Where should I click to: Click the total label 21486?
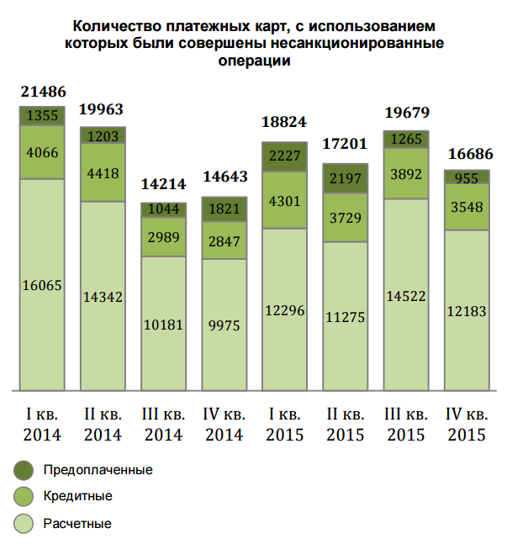coord(42,92)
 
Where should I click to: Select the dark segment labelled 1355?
coord(42,115)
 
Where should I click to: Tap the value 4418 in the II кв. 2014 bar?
coord(103,173)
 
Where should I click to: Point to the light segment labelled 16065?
coord(42,286)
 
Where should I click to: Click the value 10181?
coord(163,324)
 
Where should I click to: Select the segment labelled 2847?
coord(224,242)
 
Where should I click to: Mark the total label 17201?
coord(345,147)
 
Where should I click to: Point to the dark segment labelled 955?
coord(466,177)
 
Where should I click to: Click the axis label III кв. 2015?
coord(405,425)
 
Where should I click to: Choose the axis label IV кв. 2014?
coord(224,425)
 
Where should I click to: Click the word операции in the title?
coord(253,61)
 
